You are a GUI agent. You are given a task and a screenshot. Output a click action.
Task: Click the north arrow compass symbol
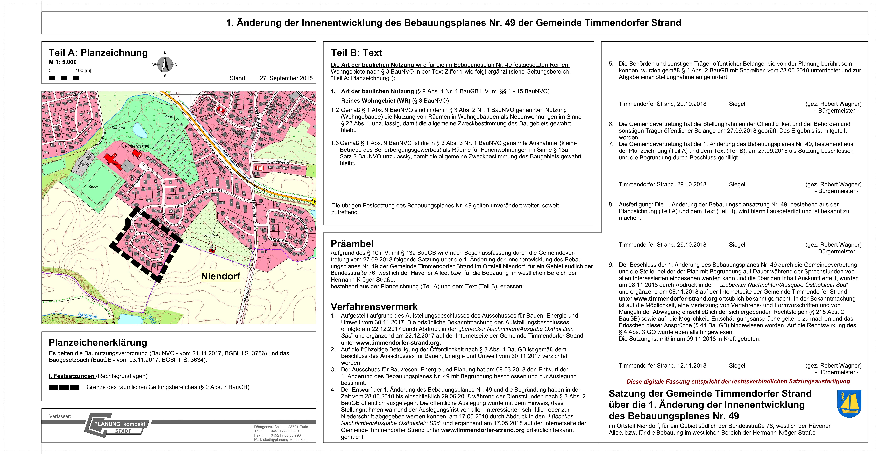point(165,64)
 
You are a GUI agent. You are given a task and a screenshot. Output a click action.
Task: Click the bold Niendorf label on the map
point(221,276)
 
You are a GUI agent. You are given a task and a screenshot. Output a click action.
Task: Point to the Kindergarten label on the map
point(137,146)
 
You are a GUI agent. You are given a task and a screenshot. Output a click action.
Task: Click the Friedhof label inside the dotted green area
point(211,236)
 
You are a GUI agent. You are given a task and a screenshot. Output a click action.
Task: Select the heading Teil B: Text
point(356,53)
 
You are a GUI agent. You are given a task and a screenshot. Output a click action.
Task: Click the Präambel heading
point(352,244)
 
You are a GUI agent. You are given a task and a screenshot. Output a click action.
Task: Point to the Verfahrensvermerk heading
point(374,306)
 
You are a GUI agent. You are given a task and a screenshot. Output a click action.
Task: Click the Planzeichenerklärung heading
point(98,342)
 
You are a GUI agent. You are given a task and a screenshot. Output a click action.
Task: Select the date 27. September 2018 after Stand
point(286,78)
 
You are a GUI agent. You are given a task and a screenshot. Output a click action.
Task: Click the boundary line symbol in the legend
point(64,387)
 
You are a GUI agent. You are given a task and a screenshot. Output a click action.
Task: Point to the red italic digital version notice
point(738,381)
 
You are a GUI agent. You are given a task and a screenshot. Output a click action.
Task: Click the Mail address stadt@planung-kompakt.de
point(281,440)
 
